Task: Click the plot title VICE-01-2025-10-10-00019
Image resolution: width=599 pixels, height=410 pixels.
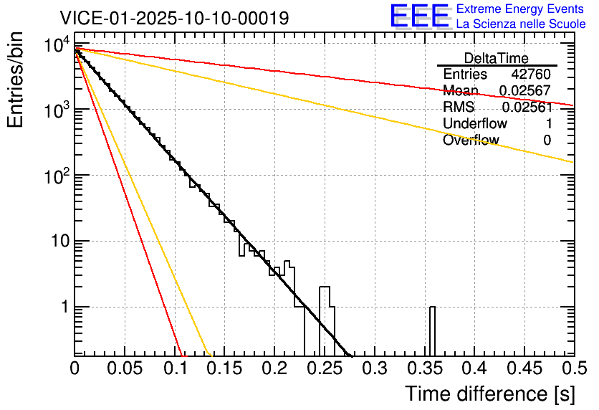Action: point(174,18)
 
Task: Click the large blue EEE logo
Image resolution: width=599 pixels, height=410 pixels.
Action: point(419,16)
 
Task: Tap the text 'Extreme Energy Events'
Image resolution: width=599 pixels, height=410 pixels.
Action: point(521,9)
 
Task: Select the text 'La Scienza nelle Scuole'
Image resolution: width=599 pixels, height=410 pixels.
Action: point(521,24)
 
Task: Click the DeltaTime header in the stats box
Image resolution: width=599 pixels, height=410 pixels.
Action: point(497,58)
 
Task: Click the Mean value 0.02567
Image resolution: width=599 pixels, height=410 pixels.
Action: point(525,91)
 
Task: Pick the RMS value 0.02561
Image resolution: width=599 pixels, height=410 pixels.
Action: point(527,108)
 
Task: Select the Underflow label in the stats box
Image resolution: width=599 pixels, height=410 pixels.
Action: point(475,124)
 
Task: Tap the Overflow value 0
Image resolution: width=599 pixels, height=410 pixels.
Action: point(547,140)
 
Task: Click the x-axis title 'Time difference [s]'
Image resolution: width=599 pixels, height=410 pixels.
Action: point(489,394)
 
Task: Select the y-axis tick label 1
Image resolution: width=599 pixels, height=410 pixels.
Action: point(63,307)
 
